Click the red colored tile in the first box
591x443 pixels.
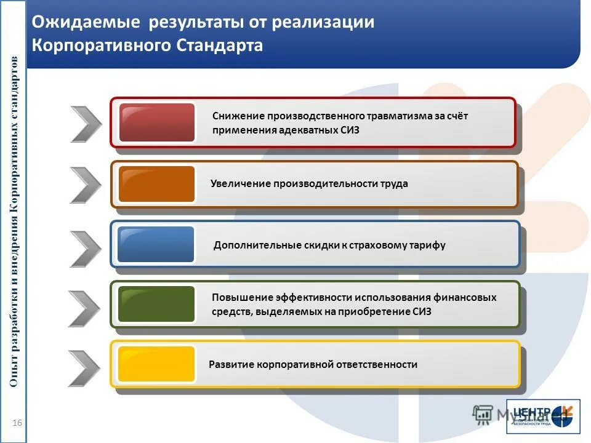click(x=156, y=122)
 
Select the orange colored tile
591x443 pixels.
click(x=156, y=184)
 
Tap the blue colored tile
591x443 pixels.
click(x=156, y=244)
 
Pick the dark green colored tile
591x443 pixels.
click(x=156, y=304)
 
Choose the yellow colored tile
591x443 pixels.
click(x=156, y=364)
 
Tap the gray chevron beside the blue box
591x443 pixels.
click(x=85, y=249)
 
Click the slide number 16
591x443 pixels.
click(x=17, y=422)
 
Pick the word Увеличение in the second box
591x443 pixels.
click(x=241, y=183)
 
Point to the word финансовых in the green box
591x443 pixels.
click(x=466, y=297)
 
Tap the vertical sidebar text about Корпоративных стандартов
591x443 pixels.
click(x=15, y=221)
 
